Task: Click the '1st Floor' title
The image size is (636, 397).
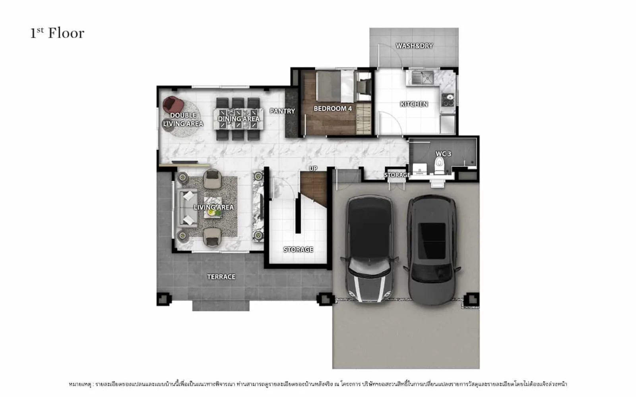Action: (x=57, y=33)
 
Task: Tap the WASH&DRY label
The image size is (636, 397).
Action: (x=414, y=46)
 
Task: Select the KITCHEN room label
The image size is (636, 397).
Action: (x=414, y=104)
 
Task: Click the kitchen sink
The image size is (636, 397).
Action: (x=423, y=78)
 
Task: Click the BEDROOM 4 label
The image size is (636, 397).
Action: (x=333, y=109)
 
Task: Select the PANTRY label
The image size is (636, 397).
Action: (x=282, y=111)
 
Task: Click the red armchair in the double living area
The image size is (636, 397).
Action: (x=173, y=104)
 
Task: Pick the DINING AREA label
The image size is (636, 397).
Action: (x=238, y=119)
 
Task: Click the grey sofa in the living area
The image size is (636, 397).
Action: (x=187, y=208)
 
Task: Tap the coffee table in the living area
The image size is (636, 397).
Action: (x=213, y=208)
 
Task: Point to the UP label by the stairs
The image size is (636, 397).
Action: (x=313, y=168)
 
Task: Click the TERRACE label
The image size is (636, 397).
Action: (x=221, y=277)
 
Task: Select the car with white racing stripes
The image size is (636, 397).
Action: (x=370, y=249)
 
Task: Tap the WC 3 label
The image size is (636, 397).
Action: (x=443, y=154)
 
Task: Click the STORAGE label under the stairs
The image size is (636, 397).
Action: (x=298, y=250)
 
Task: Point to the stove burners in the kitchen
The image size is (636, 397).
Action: (x=448, y=99)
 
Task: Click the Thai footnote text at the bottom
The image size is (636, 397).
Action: (x=318, y=384)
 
